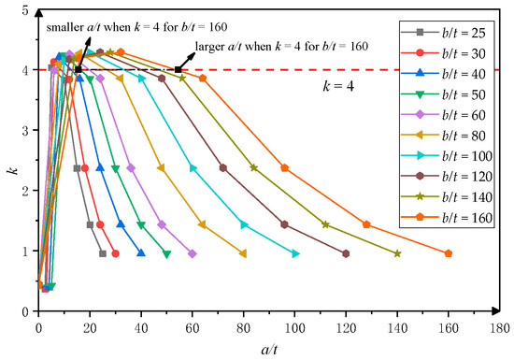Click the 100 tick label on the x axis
[x=294, y=328]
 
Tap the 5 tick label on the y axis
[x=25, y=10]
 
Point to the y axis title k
[x=8, y=161]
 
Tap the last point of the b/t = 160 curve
[x=449, y=253]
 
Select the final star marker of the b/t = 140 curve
[x=397, y=253]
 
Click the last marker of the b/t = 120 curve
[x=346, y=253]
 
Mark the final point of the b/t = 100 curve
[x=295, y=253]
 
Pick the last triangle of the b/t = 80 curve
[x=243, y=253]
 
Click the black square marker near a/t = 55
[x=178, y=69]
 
